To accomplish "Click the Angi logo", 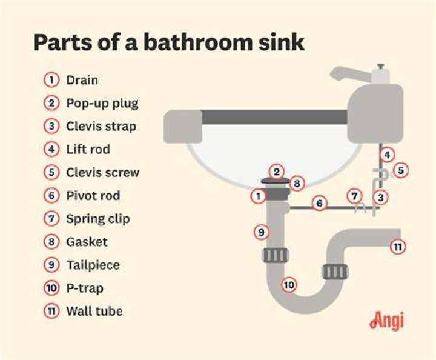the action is [x=386, y=321].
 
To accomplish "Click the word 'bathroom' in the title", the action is [x=198, y=42].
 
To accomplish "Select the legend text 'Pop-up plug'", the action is [x=102, y=104].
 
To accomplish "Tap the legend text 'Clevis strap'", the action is [x=101, y=126].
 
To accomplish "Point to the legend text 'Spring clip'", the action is [x=98, y=219].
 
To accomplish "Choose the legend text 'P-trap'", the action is [x=85, y=288].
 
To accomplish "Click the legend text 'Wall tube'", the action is [x=94, y=311].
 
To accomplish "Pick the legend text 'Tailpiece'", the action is [x=93, y=265].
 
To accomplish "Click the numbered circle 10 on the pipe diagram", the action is [x=289, y=285].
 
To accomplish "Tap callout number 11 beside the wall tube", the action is [x=398, y=247].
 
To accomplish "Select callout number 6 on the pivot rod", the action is [x=319, y=203].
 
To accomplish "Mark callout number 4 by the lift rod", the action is [x=388, y=155].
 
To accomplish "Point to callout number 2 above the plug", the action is [x=276, y=172].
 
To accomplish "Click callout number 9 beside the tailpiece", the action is [x=262, y=232].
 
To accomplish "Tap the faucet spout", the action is [x=351, y=75].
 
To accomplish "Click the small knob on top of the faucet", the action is [x=381, y=67].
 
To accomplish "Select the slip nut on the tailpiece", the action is [x=276, y=255].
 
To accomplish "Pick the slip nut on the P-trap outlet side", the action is [x=335, y=272].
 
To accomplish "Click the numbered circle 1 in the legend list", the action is [x=51, y=80].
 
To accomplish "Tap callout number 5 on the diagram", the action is [x=401, y=170].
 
